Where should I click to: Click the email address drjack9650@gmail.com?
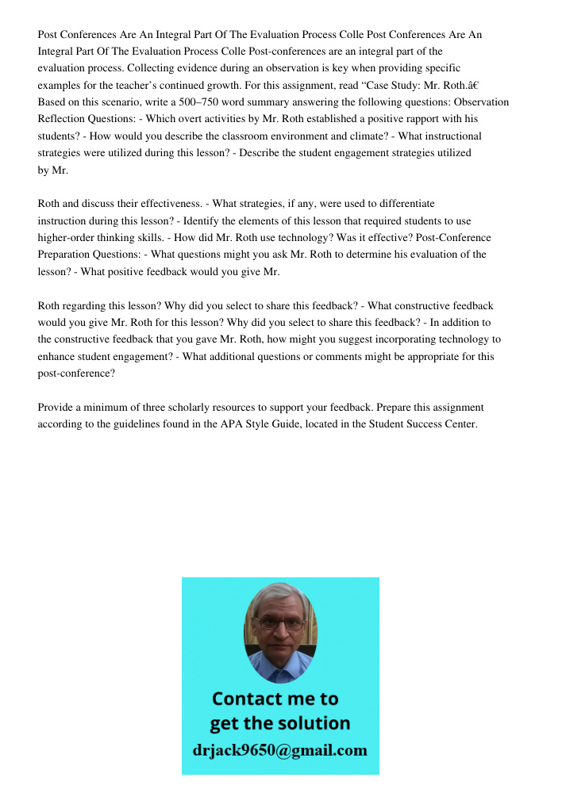[x=280, y=750]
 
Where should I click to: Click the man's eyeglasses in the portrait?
[x=280, y=624]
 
